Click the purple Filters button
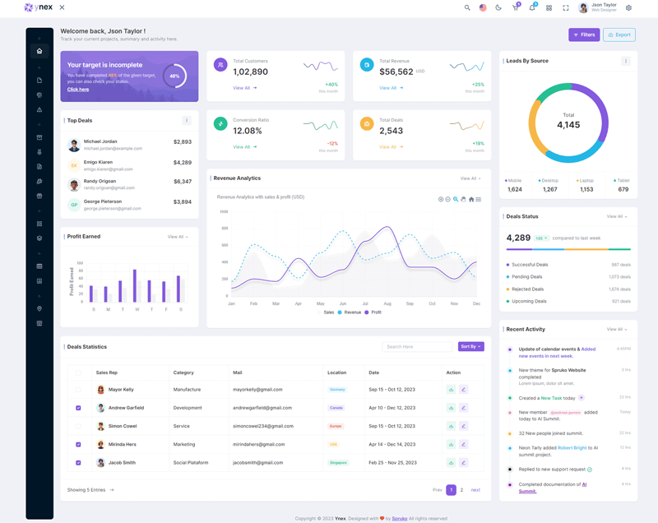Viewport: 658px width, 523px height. pos(584,35)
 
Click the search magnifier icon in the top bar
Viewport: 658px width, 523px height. pos(467,7)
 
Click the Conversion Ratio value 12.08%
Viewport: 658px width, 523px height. pos(248,131)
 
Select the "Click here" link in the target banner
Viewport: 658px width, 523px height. pos(78,89)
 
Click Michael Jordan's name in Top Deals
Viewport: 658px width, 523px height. pos(100,141)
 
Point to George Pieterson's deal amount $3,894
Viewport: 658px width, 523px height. pos(183,201)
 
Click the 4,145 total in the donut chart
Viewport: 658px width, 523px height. pos(568,125)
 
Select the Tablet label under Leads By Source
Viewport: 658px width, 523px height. pos(623,180)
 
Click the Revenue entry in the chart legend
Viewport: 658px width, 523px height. pos(352,312)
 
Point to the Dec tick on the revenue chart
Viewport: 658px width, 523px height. pos(476,303)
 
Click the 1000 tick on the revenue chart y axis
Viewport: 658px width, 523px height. pos(224,211)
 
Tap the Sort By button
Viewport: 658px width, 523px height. pos(470,346)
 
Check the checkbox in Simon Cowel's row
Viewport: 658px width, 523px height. pos(78,426)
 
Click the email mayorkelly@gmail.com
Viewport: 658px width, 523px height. pos(257,389)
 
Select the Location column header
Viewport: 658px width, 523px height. pos(336,373)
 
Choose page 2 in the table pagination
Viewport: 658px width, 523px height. pos(461,489)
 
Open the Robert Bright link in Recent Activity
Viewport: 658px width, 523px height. pos(572,447)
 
